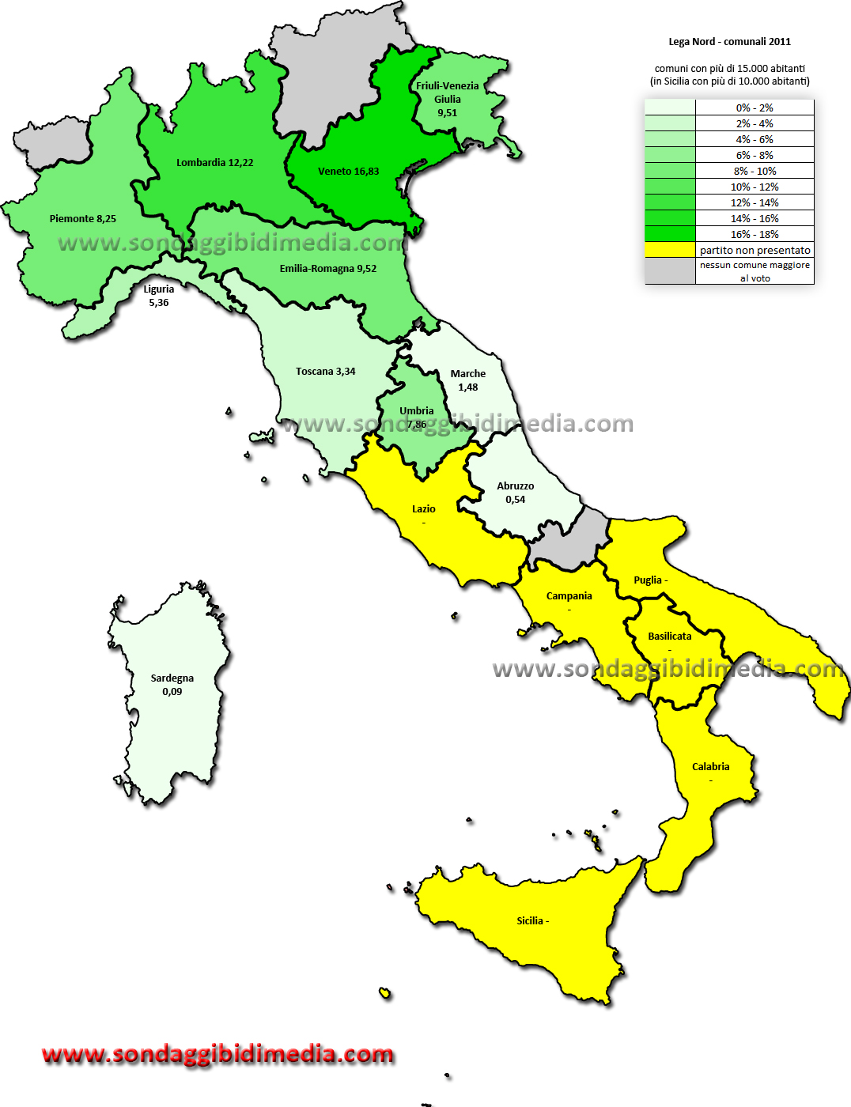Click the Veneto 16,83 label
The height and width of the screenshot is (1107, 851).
point(348,172)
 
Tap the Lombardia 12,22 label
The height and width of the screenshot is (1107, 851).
point(214,163)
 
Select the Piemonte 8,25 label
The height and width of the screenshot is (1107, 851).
point(82,219)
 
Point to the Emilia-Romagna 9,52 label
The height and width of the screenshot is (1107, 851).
point(327,269)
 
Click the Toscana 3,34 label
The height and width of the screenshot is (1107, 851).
point(325,372)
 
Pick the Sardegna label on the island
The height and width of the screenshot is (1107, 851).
point(172,678)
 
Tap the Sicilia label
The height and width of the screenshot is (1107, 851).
point(532,921)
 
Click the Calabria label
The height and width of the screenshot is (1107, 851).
point(710,767)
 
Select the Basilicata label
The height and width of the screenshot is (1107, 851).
point(669,637)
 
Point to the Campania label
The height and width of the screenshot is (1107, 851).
point(569,596)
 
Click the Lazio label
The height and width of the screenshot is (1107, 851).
point(423,509)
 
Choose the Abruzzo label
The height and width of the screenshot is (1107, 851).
point(515,486)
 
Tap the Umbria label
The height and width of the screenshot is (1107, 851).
point(416,411)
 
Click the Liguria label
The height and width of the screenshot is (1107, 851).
point(158,289)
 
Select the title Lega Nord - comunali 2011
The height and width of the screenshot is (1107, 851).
point(729,42)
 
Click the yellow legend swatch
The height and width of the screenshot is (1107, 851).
point(670,250)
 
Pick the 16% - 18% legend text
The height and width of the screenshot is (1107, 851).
point(755,235)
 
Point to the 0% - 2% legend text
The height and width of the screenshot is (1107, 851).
point(755,108)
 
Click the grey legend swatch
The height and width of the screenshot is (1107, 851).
point(670,271)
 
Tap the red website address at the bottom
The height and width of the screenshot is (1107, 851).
point(217,1054)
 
